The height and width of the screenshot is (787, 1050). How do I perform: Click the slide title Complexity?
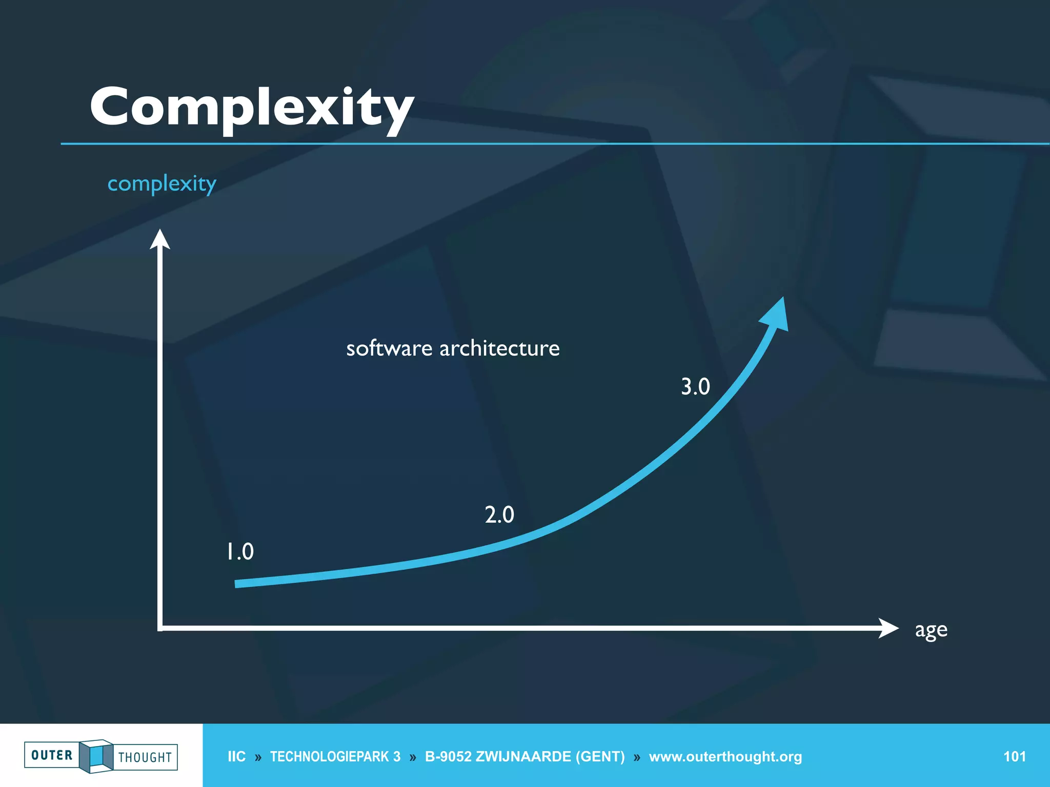[x=251, y=108]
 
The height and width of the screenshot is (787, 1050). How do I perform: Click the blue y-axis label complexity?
[x=161, y=183]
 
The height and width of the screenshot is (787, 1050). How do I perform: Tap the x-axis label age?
[x=931, y=630]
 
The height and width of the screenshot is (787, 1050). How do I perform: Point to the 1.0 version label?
[x=240, y=552]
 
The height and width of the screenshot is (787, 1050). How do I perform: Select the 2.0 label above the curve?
[x=499, y=514]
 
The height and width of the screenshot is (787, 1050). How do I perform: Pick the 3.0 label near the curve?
[x=695, y=386]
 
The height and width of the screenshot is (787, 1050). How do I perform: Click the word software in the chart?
[x=389, y=348]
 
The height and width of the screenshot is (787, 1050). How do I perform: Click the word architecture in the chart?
[x=499, y=348]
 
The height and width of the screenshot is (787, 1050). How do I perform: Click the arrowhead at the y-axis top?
[x=160, y=240]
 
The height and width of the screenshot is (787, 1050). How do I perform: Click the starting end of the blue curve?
[x=238, y=584]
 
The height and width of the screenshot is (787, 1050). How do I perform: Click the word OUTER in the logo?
[x=52, y=755]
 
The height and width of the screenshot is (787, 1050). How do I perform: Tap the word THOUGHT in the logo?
[x=145, y=757]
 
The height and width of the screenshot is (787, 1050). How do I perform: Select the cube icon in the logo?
[x=96, y=756]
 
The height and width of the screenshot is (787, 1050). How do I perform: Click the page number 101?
[x=1014, y=756]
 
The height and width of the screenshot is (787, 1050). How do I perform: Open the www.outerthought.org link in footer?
[x=725, y=756]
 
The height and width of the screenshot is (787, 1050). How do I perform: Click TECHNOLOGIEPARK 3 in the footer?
[x=335, y=756]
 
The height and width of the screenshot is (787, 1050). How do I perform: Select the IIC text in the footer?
[x=236, y=756]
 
